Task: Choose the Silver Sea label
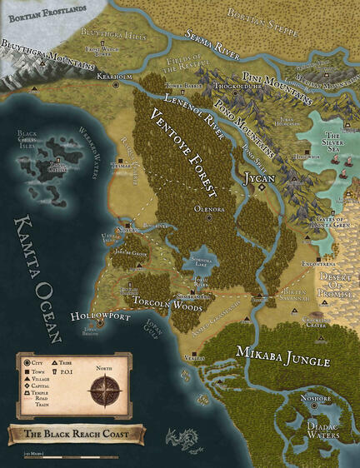click(x=332, y=142)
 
